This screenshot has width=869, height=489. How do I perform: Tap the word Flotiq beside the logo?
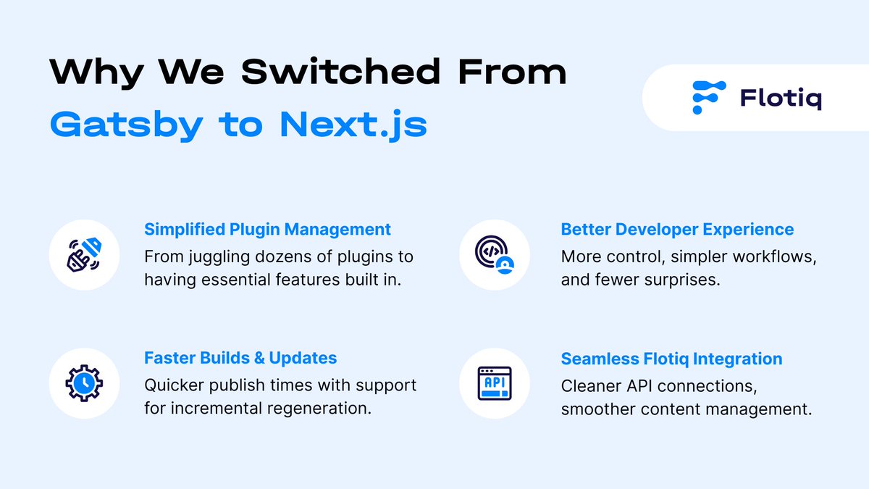(x=781, y=99)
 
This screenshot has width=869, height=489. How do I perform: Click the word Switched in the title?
(x=340, y=72)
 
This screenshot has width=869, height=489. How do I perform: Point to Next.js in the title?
(x=353, y=125)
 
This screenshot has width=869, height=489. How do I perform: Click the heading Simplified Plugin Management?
(x=267, y=230)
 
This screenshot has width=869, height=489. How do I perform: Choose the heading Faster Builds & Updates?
(x=240, y=358)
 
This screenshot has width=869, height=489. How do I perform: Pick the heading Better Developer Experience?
(x=677, y=230)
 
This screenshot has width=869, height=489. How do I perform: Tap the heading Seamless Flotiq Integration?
(x=671, y=359)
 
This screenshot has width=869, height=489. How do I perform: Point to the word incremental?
(x=229, y=409)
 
